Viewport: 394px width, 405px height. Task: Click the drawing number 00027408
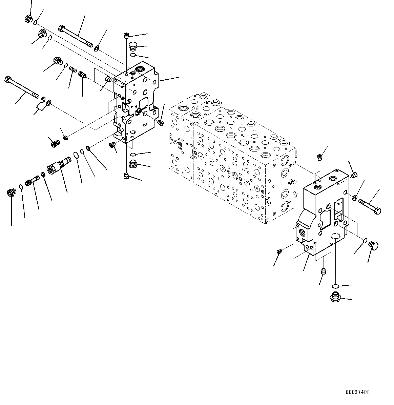358,392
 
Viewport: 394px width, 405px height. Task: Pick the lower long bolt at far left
22,87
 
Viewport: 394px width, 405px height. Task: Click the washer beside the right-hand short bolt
355,197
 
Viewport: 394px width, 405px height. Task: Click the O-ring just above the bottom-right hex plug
335,285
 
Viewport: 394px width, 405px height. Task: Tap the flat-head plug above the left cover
133,46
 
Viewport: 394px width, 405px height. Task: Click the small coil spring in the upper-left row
72,69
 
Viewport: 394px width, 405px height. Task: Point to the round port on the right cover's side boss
301,232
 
